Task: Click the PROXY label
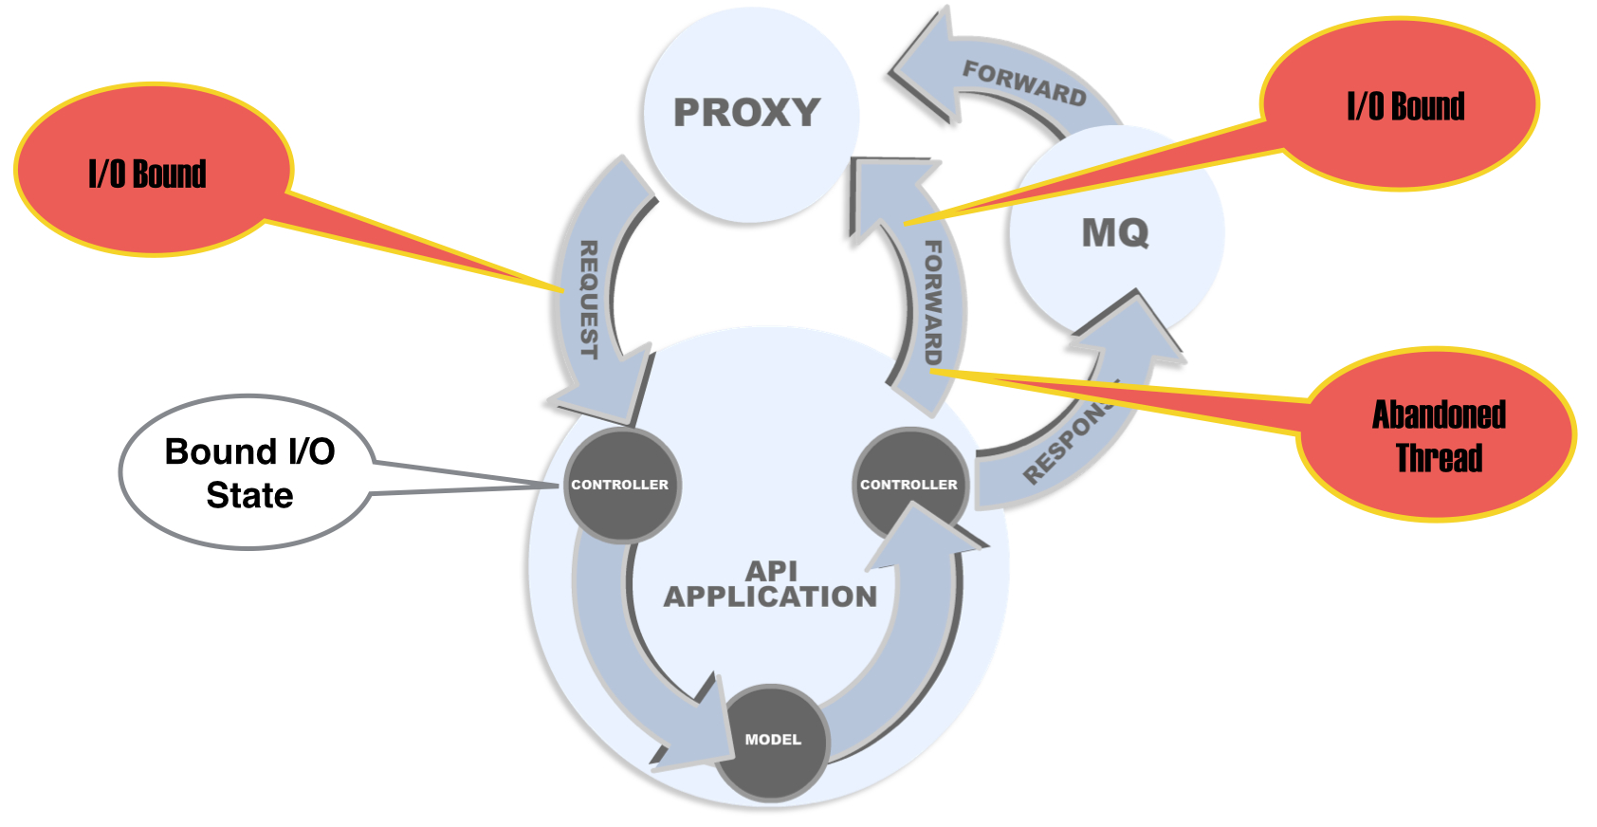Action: coord(746,113)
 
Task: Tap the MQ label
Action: coord(1115,233)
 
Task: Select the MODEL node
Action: coord(772,740)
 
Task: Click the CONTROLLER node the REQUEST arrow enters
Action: coord(619,485)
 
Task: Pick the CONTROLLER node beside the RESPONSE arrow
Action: coord(908,485)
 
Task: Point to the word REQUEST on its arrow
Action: coord(589,300)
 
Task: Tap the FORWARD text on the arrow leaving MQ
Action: coord(1024,83)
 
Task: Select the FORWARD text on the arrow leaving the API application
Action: coord(933,302)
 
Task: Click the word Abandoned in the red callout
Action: coord(1439,415)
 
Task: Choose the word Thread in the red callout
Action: coord(1439,458)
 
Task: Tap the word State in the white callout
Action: coord(249,495)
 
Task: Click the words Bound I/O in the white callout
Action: coord(249,451)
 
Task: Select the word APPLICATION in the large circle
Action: coord(770,597)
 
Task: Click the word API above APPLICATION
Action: coord(771,571)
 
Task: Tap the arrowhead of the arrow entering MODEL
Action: coord(697,730)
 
